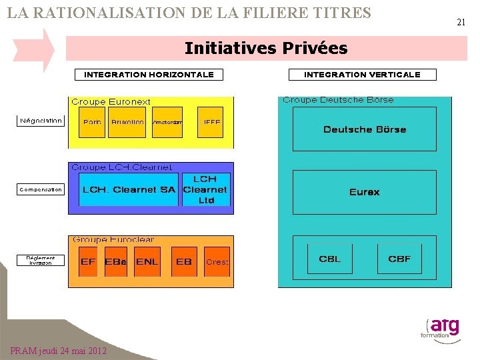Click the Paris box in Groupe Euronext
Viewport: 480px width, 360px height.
92,122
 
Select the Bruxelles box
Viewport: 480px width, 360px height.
127,122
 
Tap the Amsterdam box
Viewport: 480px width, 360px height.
167,122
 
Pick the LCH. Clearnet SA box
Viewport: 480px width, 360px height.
129,189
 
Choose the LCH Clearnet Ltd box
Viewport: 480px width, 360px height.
205,189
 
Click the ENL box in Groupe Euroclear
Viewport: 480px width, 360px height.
147,261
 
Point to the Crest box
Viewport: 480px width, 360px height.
217,261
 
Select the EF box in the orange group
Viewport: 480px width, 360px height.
88,261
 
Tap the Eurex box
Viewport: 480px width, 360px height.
364,192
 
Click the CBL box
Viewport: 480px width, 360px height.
330,259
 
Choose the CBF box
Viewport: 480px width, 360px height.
399,259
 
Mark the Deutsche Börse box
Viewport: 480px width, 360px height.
364,129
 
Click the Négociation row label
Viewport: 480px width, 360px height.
41,121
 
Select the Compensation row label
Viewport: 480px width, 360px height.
41,189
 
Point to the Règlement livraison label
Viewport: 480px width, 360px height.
41,260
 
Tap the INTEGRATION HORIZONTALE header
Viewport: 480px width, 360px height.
149,75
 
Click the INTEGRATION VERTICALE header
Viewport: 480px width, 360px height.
362,75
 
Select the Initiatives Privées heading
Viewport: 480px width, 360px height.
266,48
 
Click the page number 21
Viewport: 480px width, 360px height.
461,22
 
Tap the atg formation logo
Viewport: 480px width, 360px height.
441,329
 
